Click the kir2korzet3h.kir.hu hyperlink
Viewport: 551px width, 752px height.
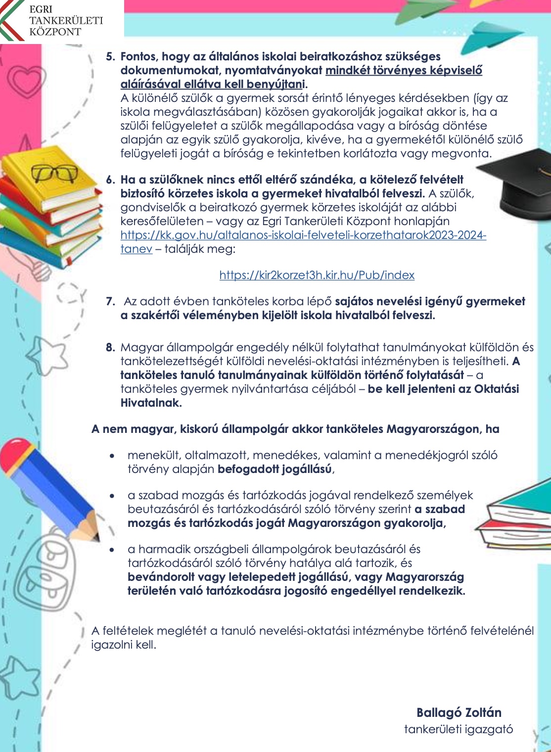pos(317,275)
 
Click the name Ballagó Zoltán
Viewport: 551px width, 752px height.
pos(459,712)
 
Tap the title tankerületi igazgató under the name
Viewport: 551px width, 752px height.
pos(459,729)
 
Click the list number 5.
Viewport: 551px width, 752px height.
pos(110,56)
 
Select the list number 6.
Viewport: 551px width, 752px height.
pos(110,180)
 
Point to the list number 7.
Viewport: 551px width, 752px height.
pos(110,301)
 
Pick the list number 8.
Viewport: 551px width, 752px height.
pos(110,347)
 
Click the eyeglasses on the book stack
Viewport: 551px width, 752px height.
pos(54,173)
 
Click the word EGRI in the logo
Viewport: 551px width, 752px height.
pos(41,9)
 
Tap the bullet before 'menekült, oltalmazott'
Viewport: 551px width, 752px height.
pos(114,456)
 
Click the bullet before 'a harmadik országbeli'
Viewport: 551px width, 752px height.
pos(114,550)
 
